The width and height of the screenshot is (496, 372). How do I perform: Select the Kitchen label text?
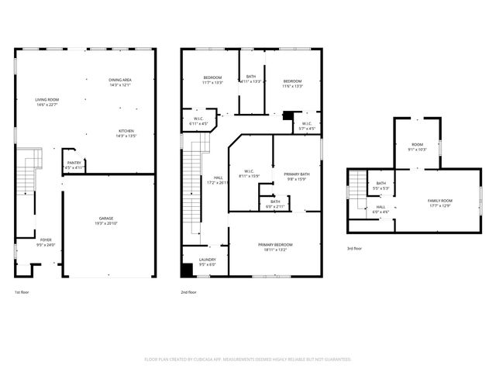click(x=126, y=133)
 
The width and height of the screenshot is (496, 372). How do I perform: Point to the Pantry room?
click(x=74, y=165)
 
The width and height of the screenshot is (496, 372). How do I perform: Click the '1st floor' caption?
click(x=22, y=292)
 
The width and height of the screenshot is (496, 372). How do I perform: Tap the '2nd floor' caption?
click(x=188, y=292)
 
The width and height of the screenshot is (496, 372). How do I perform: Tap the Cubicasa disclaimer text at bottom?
click(x=248, y=359)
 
